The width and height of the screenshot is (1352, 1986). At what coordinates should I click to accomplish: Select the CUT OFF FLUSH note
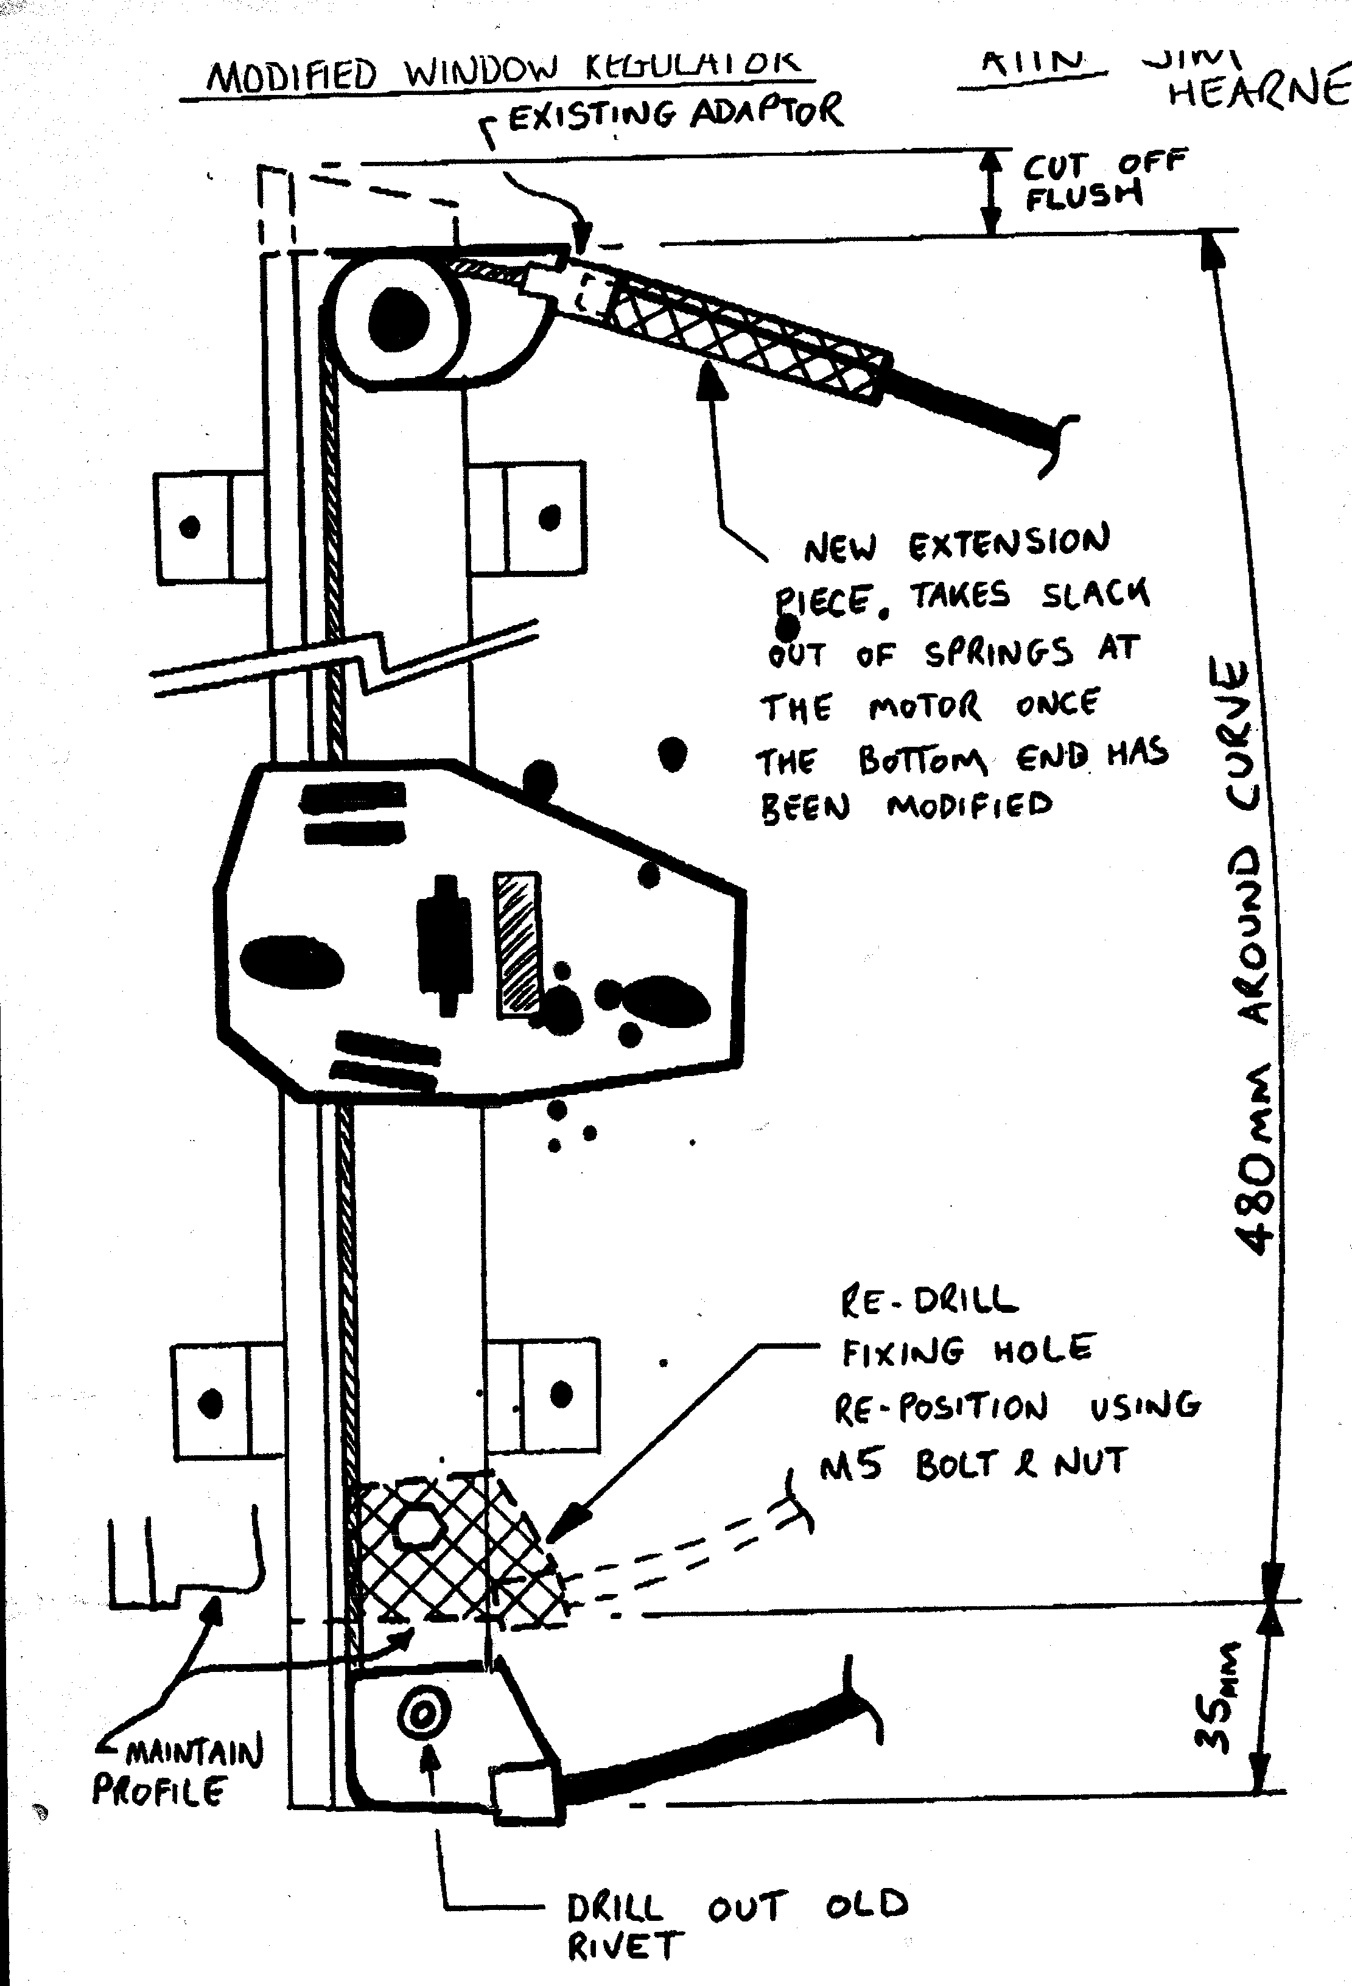click(1102, 180)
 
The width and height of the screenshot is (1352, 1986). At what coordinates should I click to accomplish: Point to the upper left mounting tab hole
click(190, 526)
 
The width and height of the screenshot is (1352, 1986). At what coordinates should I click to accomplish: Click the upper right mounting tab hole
click(550, 517)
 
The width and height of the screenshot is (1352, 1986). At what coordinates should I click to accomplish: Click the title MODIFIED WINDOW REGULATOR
click(504, 72)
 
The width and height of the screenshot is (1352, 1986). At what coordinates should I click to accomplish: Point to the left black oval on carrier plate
click(292, 962)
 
